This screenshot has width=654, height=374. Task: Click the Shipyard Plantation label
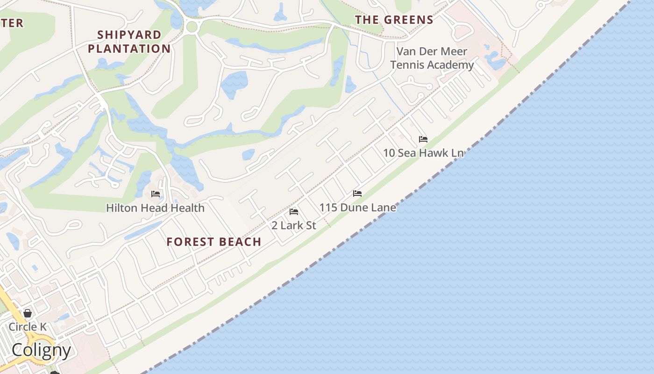tap(129, 42)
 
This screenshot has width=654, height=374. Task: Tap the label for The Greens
tap(394, 20)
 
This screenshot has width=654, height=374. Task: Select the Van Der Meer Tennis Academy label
tap(432, 58)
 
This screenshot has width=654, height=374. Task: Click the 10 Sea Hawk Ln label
tap(423, 153)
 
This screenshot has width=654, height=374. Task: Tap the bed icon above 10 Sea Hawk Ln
tap(423, 139)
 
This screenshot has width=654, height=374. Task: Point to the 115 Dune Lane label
tap(358, 207)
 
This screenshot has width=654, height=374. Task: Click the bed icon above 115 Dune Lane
tap(357, 194)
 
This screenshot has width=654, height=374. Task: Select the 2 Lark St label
tap(294, 225)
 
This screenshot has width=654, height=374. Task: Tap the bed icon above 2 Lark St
tap(294, 212)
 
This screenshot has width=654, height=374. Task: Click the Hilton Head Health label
tap(155, 208)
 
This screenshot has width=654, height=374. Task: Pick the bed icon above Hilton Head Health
tap(156, 194)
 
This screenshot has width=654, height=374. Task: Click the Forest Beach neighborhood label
tap(214, 242)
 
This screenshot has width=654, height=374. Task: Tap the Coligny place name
tap(41, 350)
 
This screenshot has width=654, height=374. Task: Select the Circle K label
tap(28, 326)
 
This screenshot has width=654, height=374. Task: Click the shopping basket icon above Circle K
tap(28, 313)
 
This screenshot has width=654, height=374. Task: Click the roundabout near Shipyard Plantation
tap(192, 27)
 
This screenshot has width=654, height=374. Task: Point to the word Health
tap(187, 208)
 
